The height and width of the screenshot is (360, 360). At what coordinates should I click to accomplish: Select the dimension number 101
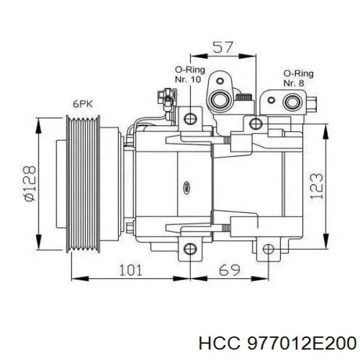130,269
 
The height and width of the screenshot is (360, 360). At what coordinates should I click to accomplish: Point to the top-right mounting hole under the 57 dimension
256,124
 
